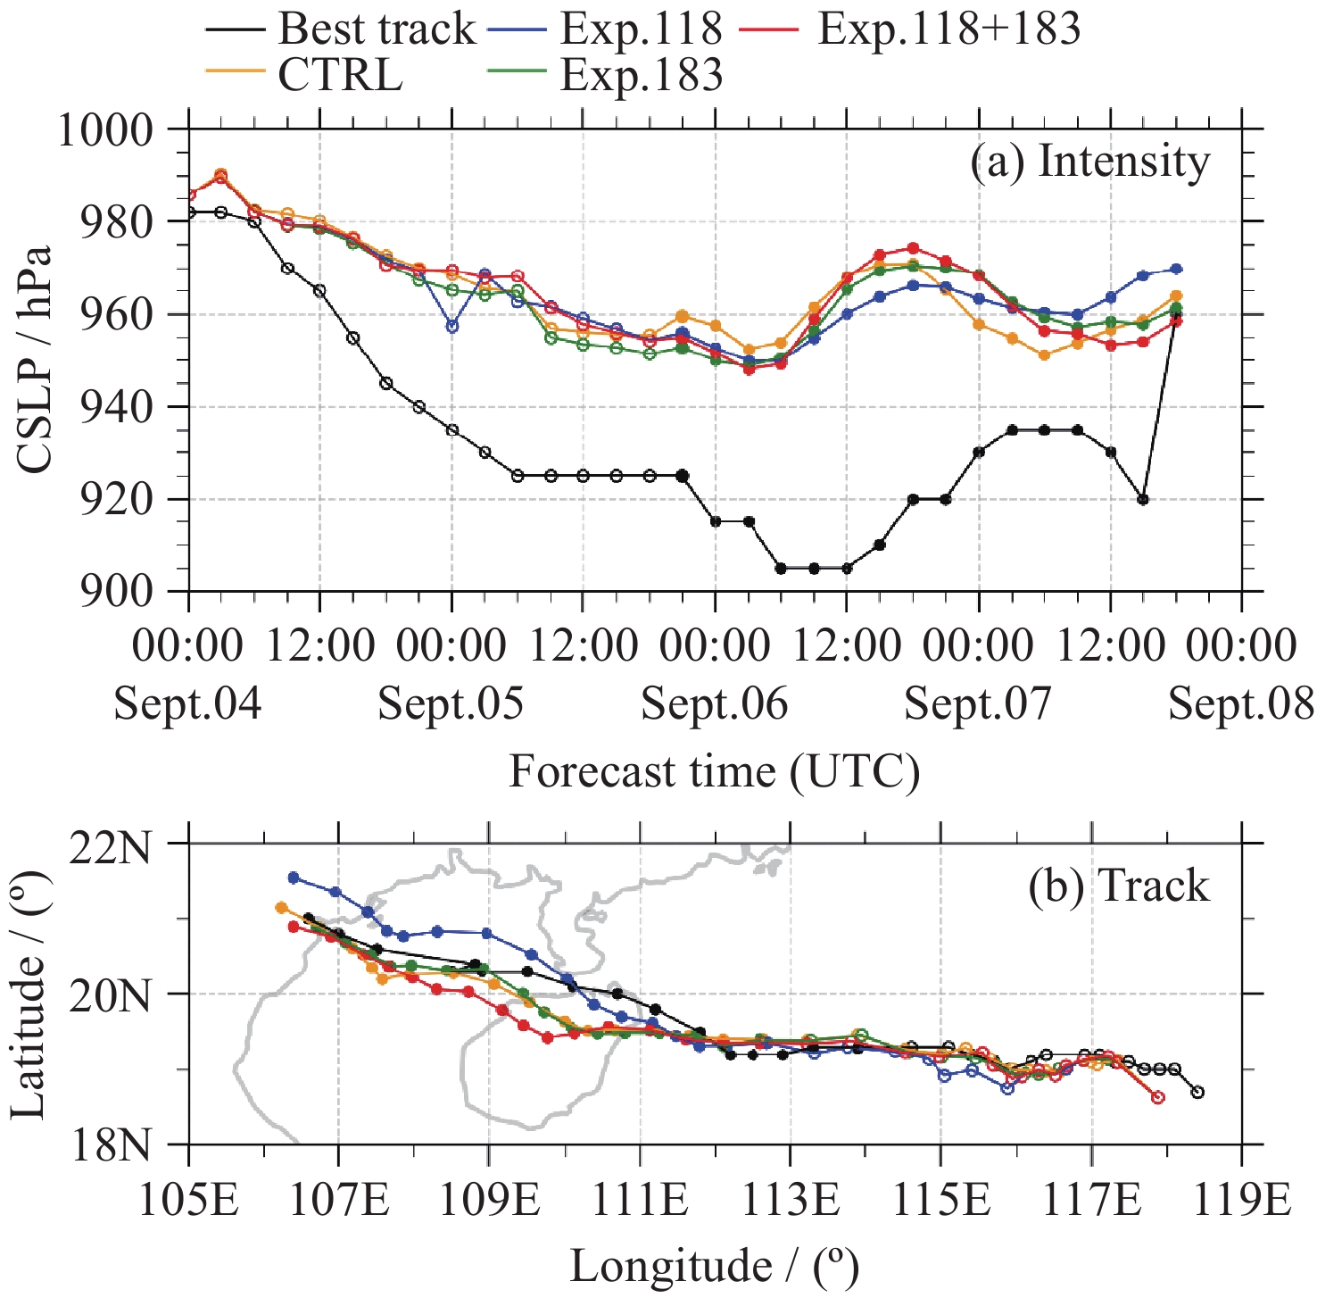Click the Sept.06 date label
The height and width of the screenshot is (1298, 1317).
[x=715, y=704]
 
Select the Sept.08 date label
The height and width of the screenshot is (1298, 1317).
[x=1241, y=704]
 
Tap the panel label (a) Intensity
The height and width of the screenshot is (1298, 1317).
[x=1089, y=162]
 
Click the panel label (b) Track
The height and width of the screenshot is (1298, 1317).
[x=1118, y=886]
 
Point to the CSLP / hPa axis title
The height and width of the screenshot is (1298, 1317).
[x=34, y=359]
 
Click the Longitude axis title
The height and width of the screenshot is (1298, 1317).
[x=714, y=1266]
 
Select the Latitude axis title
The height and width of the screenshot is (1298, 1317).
[x=29, y=993]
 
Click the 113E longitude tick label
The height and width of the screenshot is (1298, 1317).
[x=789, y=1200]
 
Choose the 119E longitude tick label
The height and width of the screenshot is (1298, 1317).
[x=1241, y=1200]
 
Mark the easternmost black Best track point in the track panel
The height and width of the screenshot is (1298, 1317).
[x=1197, y=1093]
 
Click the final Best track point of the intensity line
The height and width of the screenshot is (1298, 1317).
[x=1176, y=314]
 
